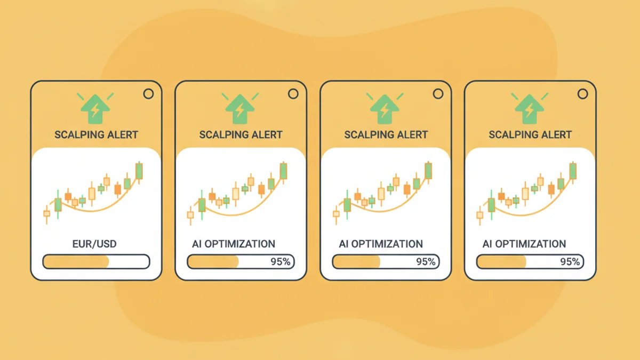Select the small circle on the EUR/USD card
tap(148, 94)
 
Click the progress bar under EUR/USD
tap(96, 262)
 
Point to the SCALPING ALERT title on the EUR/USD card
tap(96, 134)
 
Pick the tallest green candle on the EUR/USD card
tap(139, 171)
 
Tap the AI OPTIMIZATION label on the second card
tap(234, 244)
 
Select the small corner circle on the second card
tap(293, 94)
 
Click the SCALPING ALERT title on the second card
tap(241, 134)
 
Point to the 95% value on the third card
tap(426, 262)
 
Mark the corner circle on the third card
tap(438, 94)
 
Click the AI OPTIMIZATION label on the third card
tap(381, 244)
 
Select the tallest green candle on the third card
tap(428, 171)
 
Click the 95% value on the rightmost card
tap(570, 262)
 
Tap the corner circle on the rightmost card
tap(582, 94)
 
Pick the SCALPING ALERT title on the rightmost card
tap(531, 134)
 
